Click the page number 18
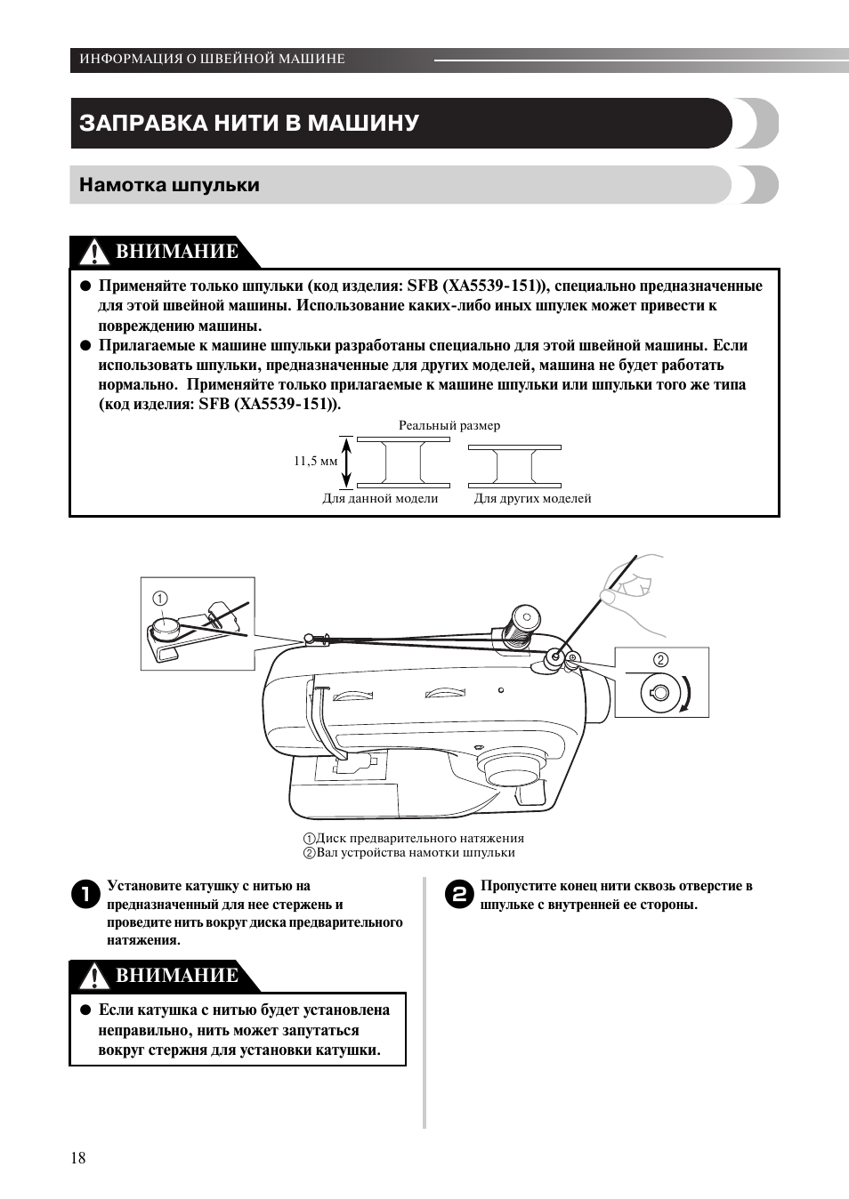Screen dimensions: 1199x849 coord(78,1157)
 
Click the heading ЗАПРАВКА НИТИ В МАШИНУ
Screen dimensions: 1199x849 coord(249,123)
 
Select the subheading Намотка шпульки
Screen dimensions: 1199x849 coord(169,185)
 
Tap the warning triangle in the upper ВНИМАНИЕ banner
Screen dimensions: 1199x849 coord(93,253)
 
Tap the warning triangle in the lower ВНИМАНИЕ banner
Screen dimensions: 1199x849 coord(93,978)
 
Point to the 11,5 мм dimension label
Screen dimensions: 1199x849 coord(316,462)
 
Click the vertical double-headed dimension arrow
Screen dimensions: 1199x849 coord(347,462)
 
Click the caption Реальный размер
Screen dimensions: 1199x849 coord(449,425)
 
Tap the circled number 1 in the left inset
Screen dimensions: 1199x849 coord(160,599)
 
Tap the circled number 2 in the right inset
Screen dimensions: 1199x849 coord(660,660)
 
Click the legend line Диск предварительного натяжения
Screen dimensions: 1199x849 coord(414,838)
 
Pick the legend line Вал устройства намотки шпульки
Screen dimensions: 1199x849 coord(409,852)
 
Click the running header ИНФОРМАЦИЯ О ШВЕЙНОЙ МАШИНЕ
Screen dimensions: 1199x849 coord(212,59)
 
